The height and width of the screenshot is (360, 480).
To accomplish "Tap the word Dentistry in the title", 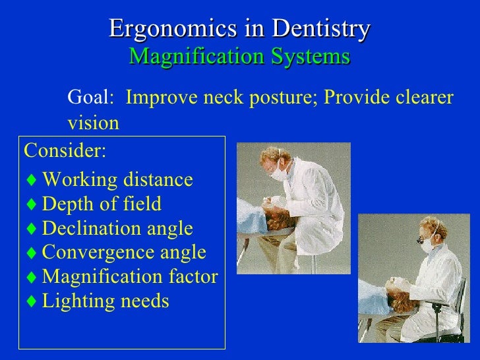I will pyautogui.click(x=321, y=29).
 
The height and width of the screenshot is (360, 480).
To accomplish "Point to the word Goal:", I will pyautogui.click(x=91, y=98).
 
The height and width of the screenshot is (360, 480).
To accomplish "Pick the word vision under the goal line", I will pyautogui.click(x=93, y=123).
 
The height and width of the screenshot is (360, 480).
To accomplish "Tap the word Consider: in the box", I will pyautogui.click(x=64, y=150).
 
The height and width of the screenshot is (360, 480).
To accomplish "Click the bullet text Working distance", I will pyautogui.click(x=117, y=180).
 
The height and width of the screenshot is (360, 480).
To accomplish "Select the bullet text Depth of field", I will pyautogui.click(x=102, y=204).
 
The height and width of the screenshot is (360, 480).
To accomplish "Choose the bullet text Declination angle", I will pyautogui.click(x=117, y=229).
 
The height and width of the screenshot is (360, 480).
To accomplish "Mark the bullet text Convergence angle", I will pyautogui.click(x=124, y=253).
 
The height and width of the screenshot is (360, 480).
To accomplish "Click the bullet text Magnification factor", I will pyautogui.click(x=130, y=277).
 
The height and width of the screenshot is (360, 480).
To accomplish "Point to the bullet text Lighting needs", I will pyautogui.click(x=105, y=301).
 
